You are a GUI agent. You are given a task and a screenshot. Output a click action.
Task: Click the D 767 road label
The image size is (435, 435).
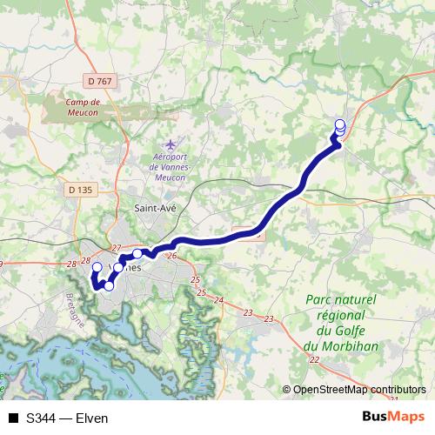tap(102, 81)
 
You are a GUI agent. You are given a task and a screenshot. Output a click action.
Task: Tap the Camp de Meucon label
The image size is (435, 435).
tap(84, 106)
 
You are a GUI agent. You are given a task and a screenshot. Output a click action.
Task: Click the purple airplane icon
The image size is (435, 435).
tap(171, 143)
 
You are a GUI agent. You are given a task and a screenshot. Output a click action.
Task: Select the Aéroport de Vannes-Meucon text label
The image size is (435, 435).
tap(170, 165)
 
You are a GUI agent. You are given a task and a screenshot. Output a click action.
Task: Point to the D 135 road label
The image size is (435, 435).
tap(79, 189)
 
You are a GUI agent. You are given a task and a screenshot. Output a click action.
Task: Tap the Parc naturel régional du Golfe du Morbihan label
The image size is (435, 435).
tap(341, 319)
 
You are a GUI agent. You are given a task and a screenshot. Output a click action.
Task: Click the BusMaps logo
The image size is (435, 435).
tap(392, 418)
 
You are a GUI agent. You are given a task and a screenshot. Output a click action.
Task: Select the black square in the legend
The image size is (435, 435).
tap(14, 418)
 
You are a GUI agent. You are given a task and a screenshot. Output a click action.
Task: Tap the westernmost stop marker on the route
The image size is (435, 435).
tap(97, 268)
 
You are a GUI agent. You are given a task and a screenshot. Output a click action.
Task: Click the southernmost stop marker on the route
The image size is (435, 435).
tap(109, 285)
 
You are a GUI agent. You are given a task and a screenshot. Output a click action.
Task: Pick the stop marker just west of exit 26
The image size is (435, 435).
tap(137, 254)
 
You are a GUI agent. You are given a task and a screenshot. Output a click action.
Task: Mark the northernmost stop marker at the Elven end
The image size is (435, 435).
tap(340, 124)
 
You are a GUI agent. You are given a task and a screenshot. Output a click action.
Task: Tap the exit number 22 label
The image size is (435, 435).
tap(313, 359)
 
